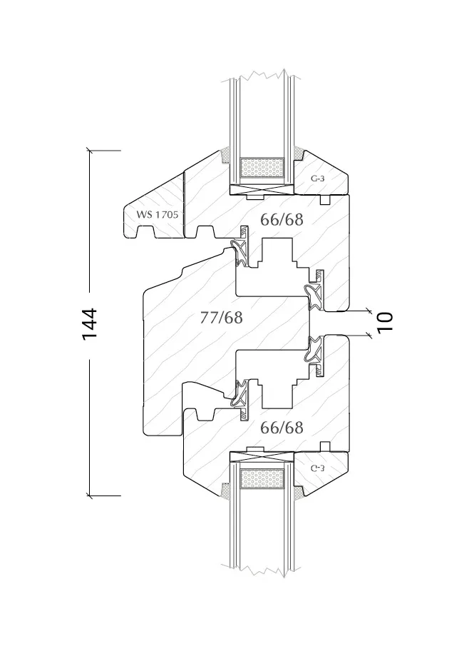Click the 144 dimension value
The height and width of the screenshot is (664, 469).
[x=90, y=324]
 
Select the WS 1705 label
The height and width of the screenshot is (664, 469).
[x=158, y=214]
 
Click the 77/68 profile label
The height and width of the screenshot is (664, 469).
[x=222, y=317]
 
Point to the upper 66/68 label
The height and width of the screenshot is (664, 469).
[x=282, y=220]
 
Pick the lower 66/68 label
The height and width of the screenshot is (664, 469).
[x=282, y=428]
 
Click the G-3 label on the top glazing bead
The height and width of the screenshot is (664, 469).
[x=318, y=178]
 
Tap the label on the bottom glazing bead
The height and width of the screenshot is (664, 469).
[x=318, y=468]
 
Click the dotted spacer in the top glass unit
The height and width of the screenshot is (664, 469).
[x=262, y=168]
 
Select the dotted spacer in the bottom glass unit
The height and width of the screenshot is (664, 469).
[x=262, y=478]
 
